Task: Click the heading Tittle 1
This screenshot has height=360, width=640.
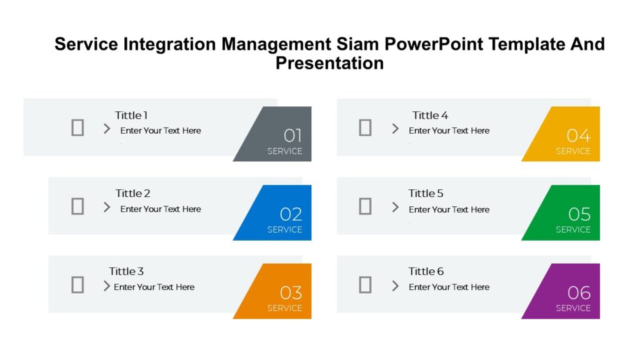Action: point(131,115)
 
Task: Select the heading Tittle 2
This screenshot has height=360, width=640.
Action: point(132,193)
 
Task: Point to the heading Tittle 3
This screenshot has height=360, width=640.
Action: point(126,271)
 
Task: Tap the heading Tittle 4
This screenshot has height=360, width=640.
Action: point(430,115)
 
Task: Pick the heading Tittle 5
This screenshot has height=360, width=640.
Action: point(426,193)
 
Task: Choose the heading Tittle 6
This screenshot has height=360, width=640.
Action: point(426,271)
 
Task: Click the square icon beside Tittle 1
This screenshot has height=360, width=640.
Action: point(77,127)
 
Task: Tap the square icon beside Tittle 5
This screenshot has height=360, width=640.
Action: point(365,206)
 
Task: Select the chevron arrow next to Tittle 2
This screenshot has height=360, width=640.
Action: point(107,207)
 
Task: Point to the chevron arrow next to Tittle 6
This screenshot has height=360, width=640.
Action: point(395,286)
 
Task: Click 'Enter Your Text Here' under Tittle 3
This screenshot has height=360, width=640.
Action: point(154,287)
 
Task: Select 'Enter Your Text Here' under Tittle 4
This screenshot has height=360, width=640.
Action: point(449,131)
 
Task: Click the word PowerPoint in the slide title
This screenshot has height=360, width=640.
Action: point(434,44)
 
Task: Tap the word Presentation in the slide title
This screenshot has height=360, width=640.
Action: point(329,63)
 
